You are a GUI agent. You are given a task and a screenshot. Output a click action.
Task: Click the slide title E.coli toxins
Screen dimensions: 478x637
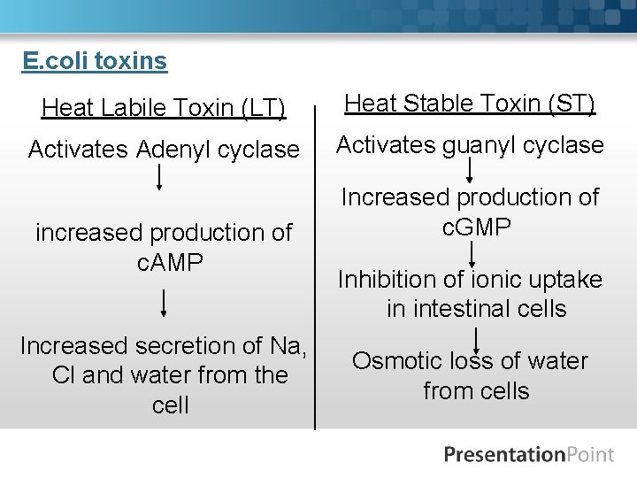tap(95, 61)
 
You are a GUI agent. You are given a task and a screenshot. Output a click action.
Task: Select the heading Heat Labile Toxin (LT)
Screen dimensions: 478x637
tap(164, 108)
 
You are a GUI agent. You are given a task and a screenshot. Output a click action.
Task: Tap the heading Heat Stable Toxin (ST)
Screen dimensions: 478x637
tap(470, 104)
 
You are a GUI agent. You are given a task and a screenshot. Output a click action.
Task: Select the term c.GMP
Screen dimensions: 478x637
tap(476, 227)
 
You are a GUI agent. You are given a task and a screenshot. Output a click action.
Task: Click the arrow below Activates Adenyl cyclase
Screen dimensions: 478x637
tap(159, 177)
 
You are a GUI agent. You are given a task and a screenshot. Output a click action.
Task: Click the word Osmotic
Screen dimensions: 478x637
tap(396, 361)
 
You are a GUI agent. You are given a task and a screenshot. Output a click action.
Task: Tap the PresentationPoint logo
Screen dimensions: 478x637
tap(528, 455)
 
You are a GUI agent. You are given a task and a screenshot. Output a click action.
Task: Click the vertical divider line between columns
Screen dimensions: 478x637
tap(315, 266)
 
